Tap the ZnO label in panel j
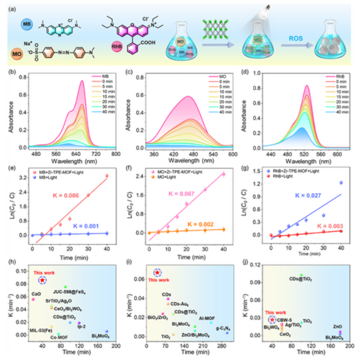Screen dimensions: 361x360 [x=338, y=327]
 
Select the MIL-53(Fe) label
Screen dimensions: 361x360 [x=39, y=329]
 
